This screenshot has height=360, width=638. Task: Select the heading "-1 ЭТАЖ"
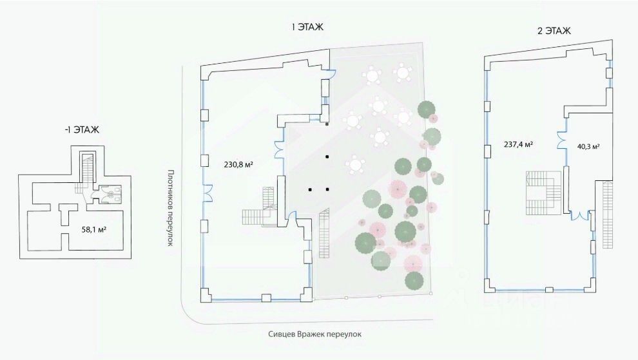(82, 129)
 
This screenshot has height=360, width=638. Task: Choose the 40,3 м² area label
(588, 146)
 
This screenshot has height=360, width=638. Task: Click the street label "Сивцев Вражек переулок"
(316, 334)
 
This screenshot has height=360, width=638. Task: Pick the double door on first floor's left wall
(208, 191)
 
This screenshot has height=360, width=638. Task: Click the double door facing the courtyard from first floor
(280, 149)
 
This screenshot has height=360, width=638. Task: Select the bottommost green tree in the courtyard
(413, 281)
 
